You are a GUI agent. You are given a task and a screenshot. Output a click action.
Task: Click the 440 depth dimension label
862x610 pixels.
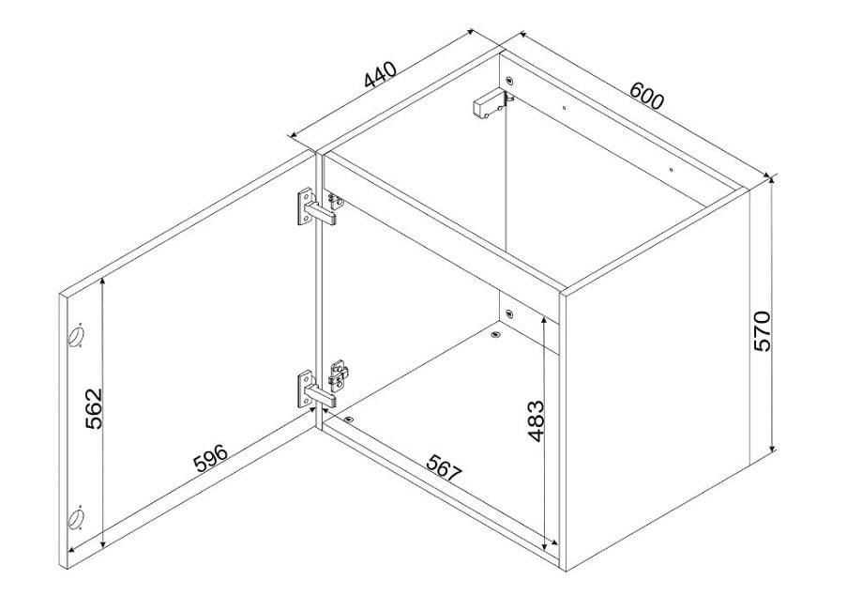[x=380, y=75]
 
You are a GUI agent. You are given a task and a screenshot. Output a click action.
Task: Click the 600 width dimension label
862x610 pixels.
[x=647, y=95]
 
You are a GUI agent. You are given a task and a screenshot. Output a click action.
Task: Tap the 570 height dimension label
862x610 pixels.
[x=763, y=331]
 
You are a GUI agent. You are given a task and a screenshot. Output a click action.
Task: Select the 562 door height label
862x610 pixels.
[x=94, y=408]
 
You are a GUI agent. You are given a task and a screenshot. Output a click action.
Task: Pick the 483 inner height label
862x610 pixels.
[x=535, y=421]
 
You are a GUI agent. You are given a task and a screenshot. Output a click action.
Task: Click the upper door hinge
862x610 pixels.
[x=317, y=207]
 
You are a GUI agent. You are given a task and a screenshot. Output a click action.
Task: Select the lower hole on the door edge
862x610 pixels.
[x=76, y=517]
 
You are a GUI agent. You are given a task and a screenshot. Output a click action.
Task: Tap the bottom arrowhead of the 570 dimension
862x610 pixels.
[x=772, y=448]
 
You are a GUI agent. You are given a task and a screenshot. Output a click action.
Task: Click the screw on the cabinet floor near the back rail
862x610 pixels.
[x=496, y=334]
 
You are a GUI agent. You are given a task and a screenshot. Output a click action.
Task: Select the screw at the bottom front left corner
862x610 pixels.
[x=350, y=419]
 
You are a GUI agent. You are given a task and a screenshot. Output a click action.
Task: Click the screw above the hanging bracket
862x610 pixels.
[x=509, y=81]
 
